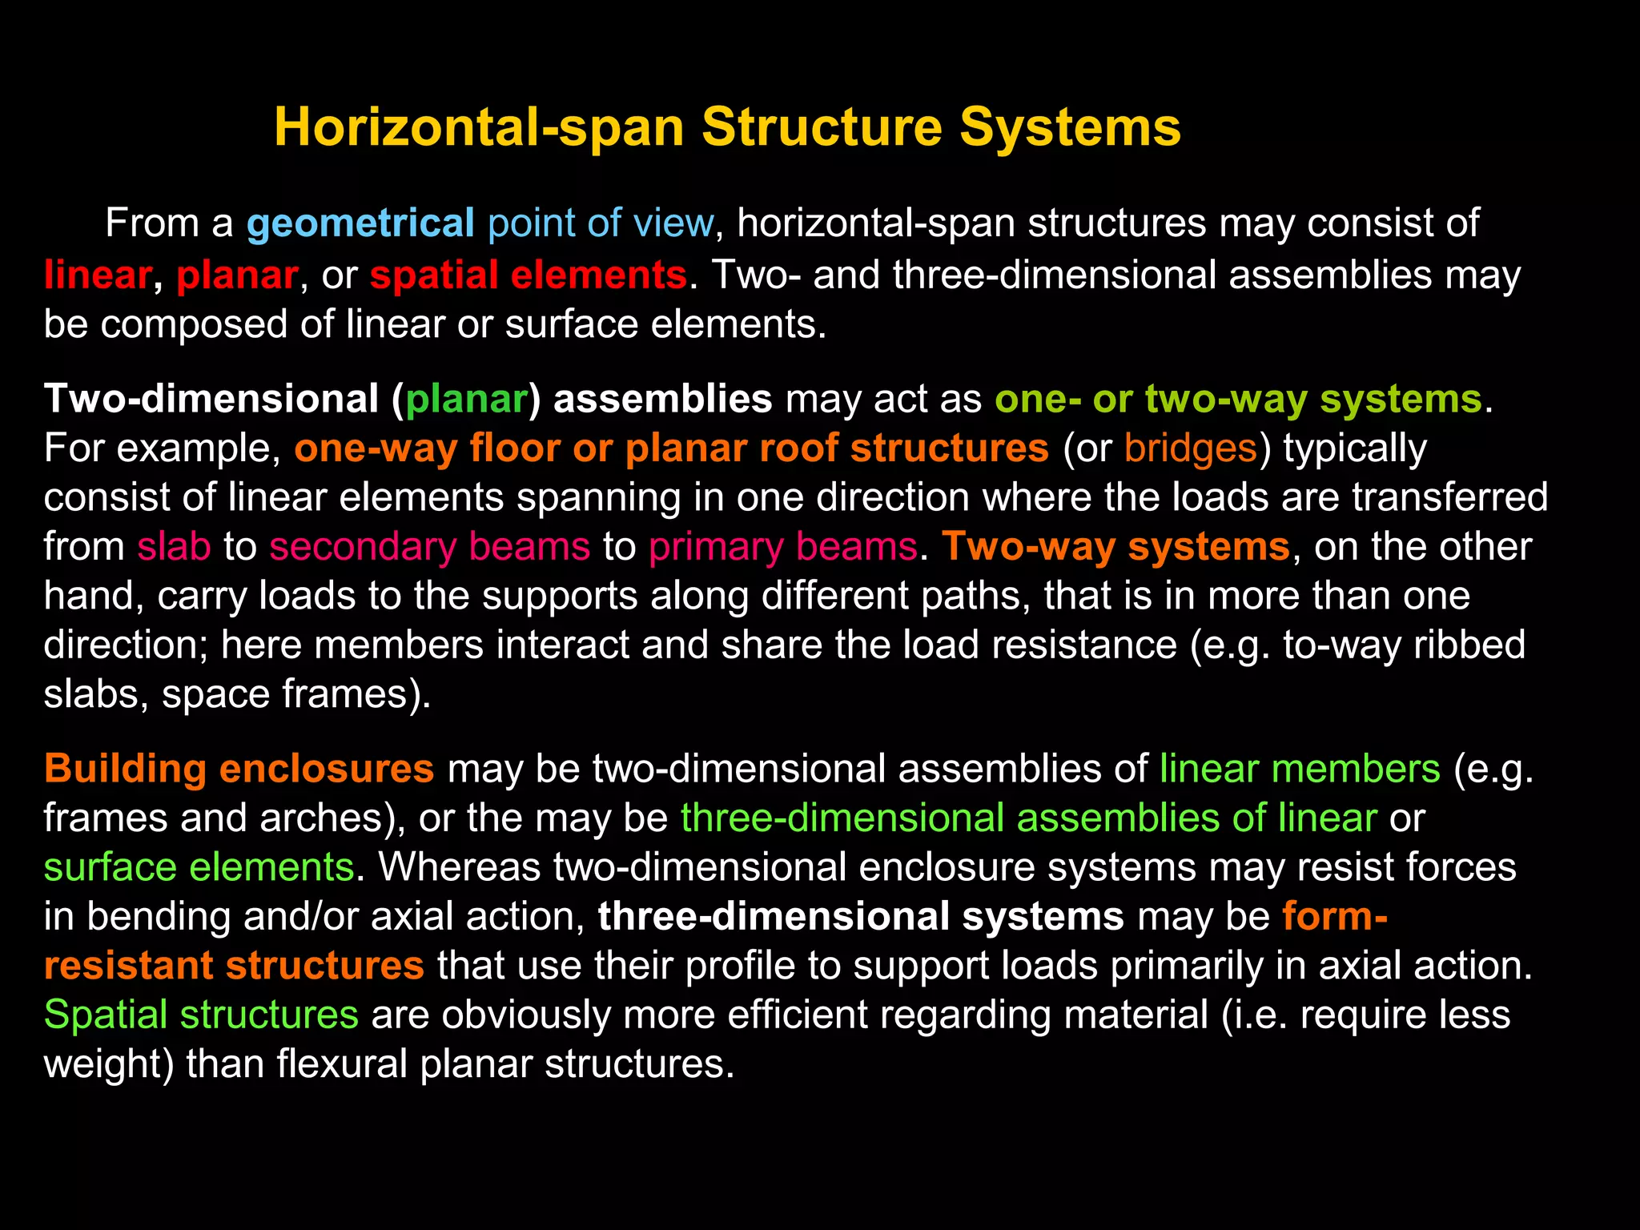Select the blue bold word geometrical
coord(360,223)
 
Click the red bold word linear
coord(97,275)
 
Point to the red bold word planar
coord(237,275)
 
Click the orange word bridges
coord(1190,448)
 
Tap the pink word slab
coord(174,547)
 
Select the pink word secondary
coord(362,547)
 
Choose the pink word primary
coord(715,547)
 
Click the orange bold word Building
coord(126,769)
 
